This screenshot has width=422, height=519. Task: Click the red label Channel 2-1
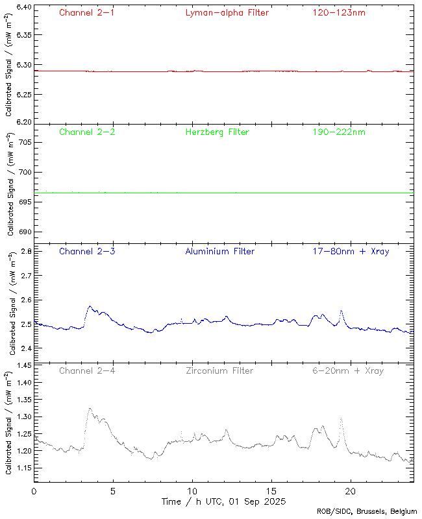pos(86,12)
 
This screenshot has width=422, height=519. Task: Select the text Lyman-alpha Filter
pos(227,12)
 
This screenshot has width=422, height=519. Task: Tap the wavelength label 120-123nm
pos(338,12)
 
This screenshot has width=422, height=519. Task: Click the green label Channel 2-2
pos(86,132)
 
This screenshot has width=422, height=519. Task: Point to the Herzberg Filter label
pos(217,132)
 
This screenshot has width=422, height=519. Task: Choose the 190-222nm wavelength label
pos(338,132)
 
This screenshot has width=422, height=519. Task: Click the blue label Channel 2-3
pos(86,251)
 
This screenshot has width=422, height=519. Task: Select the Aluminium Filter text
pos(219,251)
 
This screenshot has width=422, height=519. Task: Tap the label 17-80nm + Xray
pos(351,251)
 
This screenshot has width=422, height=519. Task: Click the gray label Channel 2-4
pos(86,370)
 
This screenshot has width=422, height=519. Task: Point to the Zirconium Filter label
pos(219,370)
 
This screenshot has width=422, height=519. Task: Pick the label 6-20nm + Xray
pos(348,370)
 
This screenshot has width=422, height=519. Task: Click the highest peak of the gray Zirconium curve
pos(90,409)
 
